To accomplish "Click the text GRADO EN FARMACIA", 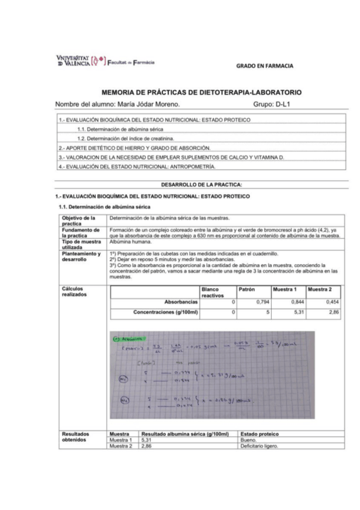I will click(x=264, y=66).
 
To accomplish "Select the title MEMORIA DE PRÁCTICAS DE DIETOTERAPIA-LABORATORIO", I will click(x=201, y=93).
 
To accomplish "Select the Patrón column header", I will click(x=247, y=289).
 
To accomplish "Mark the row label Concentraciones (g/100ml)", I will click(x=165, y=312).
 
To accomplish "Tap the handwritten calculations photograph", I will click(x=214, y=373).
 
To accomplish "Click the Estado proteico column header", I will click(x=260, y=434).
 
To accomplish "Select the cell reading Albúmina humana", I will click(x=128, y=241).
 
